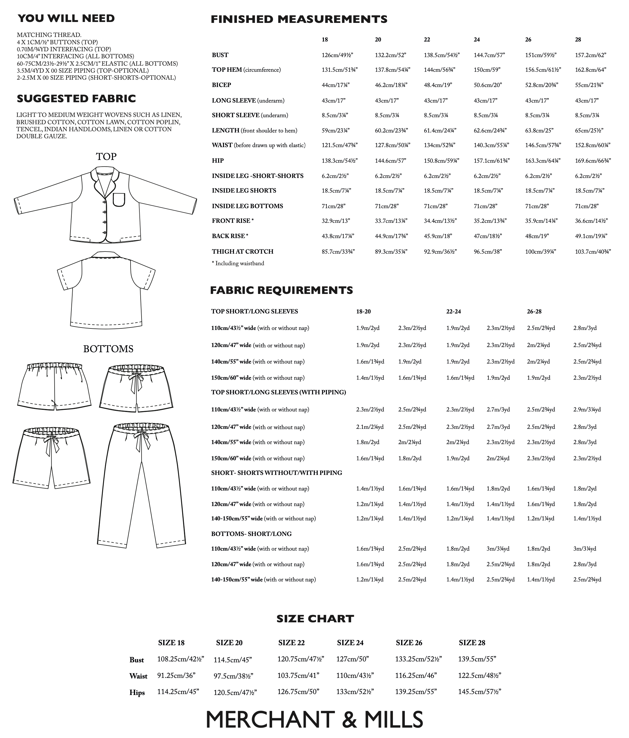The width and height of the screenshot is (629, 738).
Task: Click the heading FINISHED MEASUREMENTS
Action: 299,19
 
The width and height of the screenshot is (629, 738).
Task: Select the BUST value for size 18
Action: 337,55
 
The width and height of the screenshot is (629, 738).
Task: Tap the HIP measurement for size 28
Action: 593,161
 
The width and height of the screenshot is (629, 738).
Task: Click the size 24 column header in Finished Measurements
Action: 477,40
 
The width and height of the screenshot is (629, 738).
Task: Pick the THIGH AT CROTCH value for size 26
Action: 540,251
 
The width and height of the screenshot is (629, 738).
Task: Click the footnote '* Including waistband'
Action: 238,264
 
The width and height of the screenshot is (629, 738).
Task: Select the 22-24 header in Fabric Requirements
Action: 454,312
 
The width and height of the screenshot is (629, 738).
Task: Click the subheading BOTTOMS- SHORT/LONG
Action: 251,534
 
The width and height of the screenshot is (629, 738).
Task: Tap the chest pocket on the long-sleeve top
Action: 119,200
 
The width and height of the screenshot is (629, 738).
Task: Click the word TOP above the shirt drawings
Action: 106,157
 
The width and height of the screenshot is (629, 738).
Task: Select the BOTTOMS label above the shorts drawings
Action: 108,349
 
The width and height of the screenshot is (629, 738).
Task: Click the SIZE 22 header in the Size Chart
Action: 291,642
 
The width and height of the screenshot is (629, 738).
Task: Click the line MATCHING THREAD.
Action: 49,35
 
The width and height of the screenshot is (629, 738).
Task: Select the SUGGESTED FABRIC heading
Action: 76,99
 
